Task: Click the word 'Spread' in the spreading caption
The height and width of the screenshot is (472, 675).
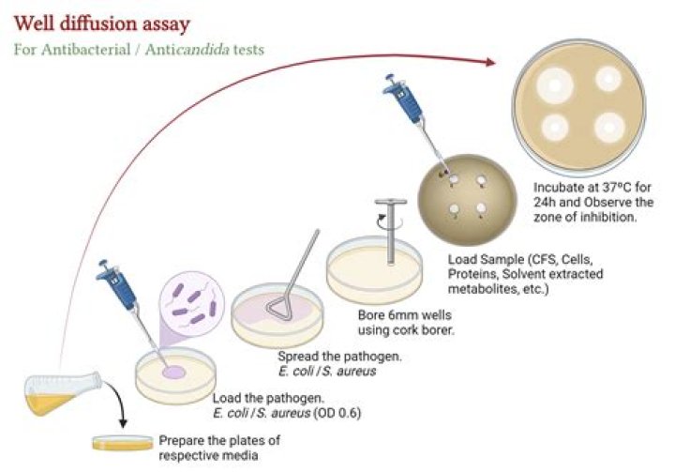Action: [x=296, y=357]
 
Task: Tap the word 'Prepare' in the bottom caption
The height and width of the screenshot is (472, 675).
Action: [x=181, y=439]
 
